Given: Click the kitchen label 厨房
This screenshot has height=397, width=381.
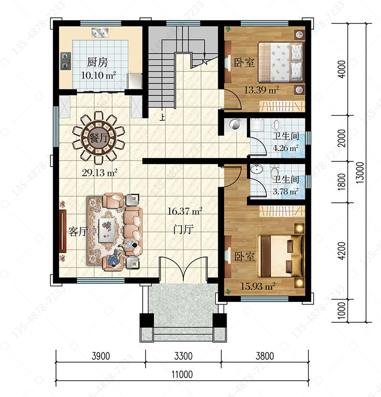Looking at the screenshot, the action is pos(98,62).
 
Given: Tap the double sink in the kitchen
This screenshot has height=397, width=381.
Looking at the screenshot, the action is pos(100,33).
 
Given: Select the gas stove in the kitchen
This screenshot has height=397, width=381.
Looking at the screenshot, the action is pos(66,61).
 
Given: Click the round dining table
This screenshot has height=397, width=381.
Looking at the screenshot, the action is pos(99,138).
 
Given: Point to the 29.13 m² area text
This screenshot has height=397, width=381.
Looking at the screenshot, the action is pos(100,173).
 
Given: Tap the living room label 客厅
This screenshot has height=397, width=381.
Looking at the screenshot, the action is pos(78,232).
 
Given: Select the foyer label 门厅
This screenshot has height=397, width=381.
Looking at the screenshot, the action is pos(183,229).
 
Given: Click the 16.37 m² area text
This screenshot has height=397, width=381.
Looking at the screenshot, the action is pos(185,211).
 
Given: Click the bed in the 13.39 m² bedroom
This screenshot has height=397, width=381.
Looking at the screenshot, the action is pos(280,63).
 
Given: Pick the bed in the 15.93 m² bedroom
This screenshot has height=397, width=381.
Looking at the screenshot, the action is pos(280,256).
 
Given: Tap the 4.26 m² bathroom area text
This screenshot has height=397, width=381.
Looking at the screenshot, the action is pos(285,147).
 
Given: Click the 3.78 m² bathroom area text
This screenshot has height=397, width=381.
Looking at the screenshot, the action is pos(285,191).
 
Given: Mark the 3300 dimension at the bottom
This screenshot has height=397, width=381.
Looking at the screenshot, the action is pos(183,356).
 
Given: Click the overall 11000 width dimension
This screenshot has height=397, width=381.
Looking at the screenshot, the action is pos(182,374).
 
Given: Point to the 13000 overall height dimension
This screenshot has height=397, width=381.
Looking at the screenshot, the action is pos(360,173).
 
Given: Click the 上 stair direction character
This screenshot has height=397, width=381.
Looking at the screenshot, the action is pos(163,117).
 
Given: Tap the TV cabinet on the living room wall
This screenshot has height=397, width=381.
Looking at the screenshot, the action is pos(62,231).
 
